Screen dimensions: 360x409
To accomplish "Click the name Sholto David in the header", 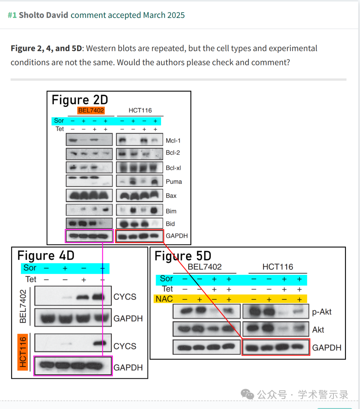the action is point(43,15).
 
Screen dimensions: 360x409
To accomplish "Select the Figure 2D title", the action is point(80,100).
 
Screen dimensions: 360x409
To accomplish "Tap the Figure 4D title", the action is point(46,255).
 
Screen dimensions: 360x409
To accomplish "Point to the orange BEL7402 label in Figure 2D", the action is point(91,111).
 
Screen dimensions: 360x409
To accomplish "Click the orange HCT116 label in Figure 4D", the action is point(22,352).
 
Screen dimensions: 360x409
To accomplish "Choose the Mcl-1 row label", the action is point(173,141).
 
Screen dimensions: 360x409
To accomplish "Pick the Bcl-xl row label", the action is point(173,168).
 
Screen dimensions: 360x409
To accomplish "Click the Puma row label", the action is point(174,182).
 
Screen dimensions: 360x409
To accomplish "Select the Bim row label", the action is point(171,211).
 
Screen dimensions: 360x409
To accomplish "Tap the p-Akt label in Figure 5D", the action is point(322,312).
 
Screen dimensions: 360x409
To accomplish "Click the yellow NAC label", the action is point(164,299).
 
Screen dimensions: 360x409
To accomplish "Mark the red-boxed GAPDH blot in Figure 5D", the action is point(276,347).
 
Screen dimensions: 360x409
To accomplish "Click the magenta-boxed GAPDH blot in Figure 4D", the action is point(73,366).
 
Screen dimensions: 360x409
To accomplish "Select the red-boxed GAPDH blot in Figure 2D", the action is point(139,236).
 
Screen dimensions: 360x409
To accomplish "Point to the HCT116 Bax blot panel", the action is point(139,196).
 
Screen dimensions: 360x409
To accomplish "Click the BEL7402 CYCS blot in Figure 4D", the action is point(73,295).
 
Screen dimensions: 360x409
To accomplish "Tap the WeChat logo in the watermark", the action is point(247,394).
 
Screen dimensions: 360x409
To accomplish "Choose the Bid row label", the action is point(170,224).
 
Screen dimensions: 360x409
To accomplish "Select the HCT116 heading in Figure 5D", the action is point(278,267).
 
